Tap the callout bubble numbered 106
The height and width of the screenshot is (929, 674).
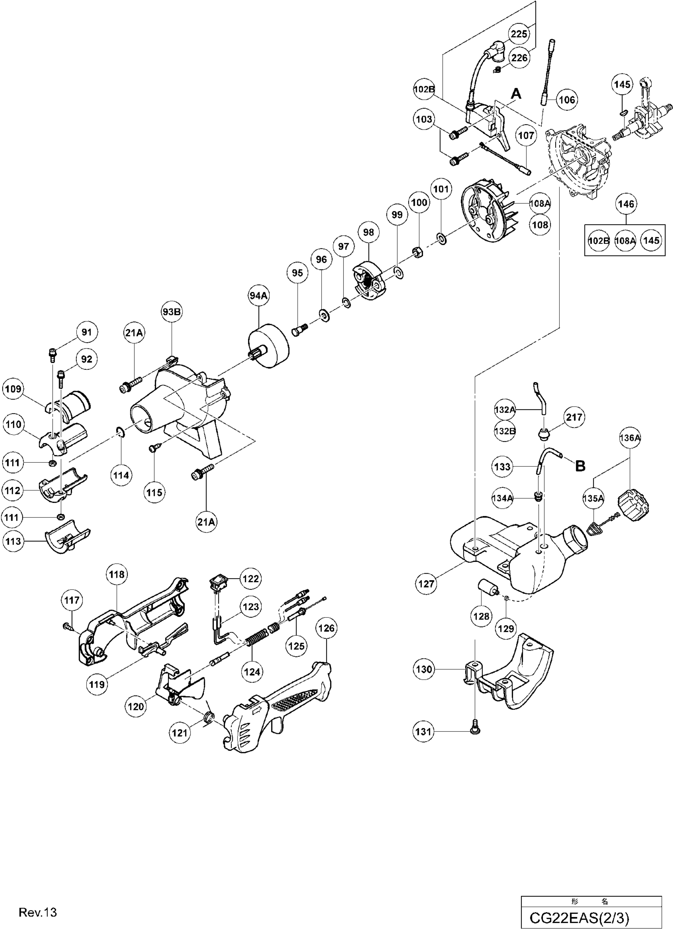[x=567, y=100]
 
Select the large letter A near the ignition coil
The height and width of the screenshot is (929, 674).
[x=516, y=94]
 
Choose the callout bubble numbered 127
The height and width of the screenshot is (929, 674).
[x=426, y=584]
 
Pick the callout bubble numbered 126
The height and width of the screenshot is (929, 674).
[x=326, y=628]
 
